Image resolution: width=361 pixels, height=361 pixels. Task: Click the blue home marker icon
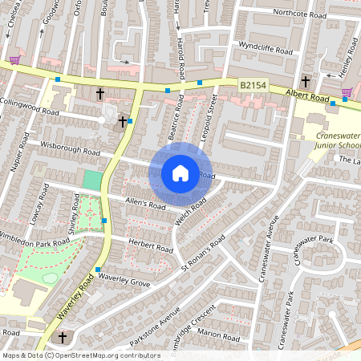click(180, 172)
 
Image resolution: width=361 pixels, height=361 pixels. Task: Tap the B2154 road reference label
click(252, 83)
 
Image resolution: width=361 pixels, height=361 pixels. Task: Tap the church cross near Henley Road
click(305, 81)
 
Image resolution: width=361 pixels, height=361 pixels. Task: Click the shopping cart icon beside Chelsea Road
click(14, 59)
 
